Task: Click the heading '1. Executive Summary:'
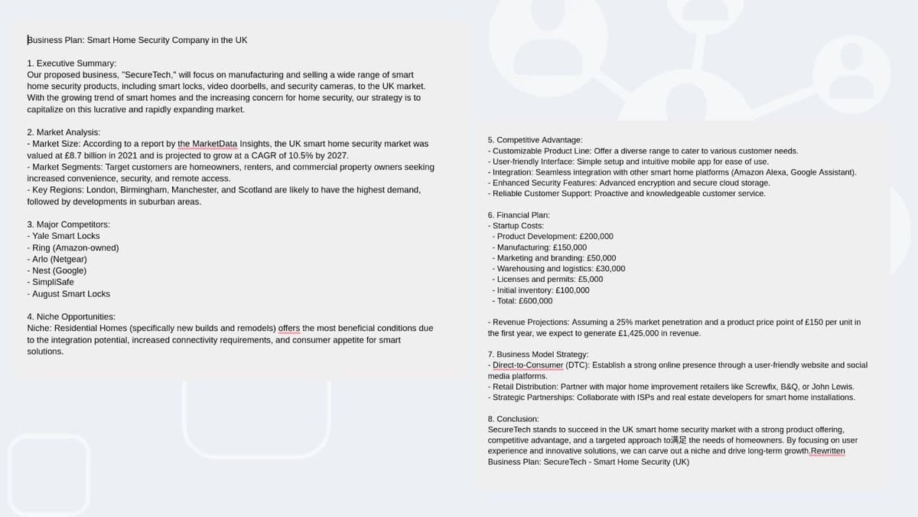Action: tap(71, 64)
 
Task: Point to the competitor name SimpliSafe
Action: tap(53, 282)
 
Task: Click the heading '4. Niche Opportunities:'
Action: tap(71, 316)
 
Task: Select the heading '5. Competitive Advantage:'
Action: tap(535, 140)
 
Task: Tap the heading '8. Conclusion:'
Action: tap(513, 419)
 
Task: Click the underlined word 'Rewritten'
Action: tap(828, 451)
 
